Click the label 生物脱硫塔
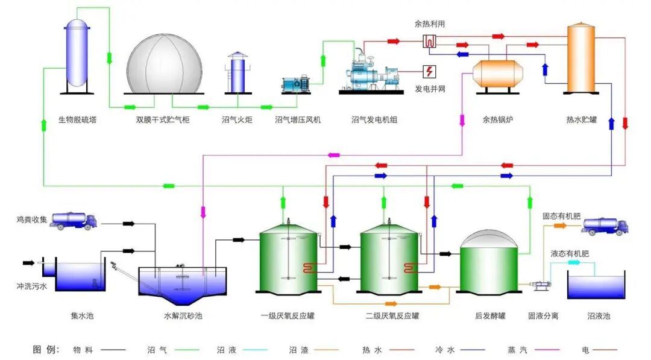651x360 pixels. point(77,120)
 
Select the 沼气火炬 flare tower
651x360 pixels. point(237,74)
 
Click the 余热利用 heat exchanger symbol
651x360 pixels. point(429,41)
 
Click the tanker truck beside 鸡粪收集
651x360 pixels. point(74,221)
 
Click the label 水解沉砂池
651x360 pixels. point(183,315)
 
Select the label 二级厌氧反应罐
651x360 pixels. point(392,315)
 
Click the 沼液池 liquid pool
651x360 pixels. point(596,287)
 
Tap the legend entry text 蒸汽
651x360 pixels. point(517,349)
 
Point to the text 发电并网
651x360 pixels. point(430,89)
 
